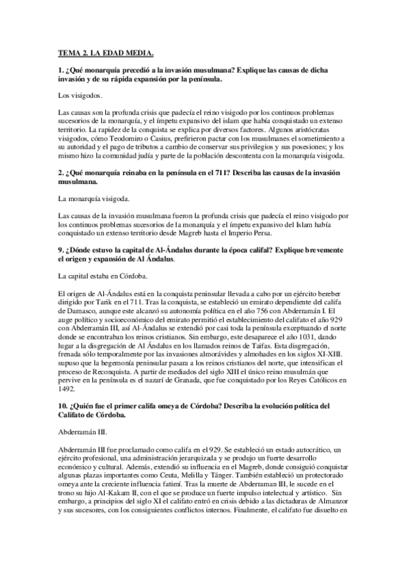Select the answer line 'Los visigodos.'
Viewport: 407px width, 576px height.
(80, 95)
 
